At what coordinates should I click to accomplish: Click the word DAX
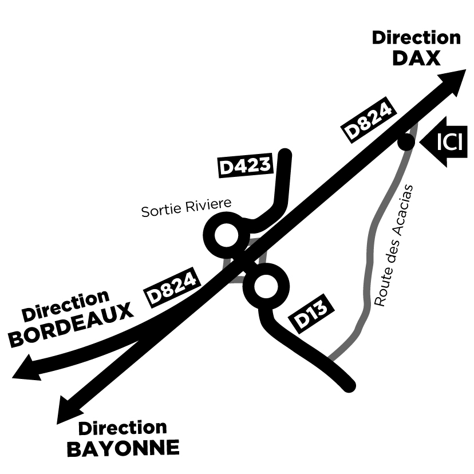pos(416,57)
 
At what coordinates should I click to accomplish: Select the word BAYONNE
pos(123,448)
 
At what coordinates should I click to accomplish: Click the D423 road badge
pos(245,166)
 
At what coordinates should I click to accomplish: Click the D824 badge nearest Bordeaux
pos(173,286)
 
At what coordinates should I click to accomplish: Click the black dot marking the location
pos(406,141)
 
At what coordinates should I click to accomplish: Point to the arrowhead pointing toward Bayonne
pos(68,411)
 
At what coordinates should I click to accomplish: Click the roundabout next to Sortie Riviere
pos(223,235)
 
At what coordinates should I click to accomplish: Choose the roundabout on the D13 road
pos(265,288)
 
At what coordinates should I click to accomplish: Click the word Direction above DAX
pos(416,38)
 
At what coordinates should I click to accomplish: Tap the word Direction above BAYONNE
pos(123,428)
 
